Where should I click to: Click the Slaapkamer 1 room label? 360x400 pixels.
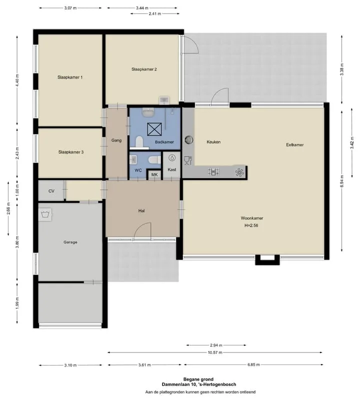pyautogui.click(x=70, y=77)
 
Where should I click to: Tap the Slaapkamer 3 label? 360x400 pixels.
pyautogui.click(x=70, y=152)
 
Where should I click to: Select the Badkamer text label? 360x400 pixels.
pyautogui.click(x=164, y=142)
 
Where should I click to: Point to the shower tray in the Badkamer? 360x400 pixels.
pyautogui.click(x=154, y=129)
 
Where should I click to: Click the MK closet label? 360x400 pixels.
pyautogui.click(x=154, y=174)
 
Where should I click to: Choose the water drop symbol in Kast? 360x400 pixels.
pyautogui.click(x=172, y=158)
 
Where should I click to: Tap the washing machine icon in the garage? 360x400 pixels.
pyautogui.click(x=45, y=214)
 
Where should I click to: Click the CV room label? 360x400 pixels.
pyautogui.click(x=51, y=191)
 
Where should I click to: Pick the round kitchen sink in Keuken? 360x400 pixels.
pyautogui.click(x=189, y=140)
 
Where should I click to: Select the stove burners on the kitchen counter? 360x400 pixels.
pyautogui.click(x=213, y=171)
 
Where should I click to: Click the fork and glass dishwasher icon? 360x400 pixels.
pyautogui.click(x=188, y=160)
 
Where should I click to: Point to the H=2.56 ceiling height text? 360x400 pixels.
pyautogui.click(x=251, y=225)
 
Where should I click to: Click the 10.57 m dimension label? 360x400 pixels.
pyautogui.click(x=215, y=352)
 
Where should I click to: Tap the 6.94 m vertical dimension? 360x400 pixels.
pyautogui.click(x=342, y=181)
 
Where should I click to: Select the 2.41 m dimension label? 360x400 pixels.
pyautogui.click(x=155, y=14)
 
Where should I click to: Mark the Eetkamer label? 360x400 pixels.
pyautogui.click(x=294, y=145)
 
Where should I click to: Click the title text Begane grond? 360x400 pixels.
pyautogui.click(x=198, y=379)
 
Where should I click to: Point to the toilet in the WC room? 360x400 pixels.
pyautogui.click(x=154, y=160)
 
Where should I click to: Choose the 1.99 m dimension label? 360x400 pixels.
pyautogui.click(x=17, y=303)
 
